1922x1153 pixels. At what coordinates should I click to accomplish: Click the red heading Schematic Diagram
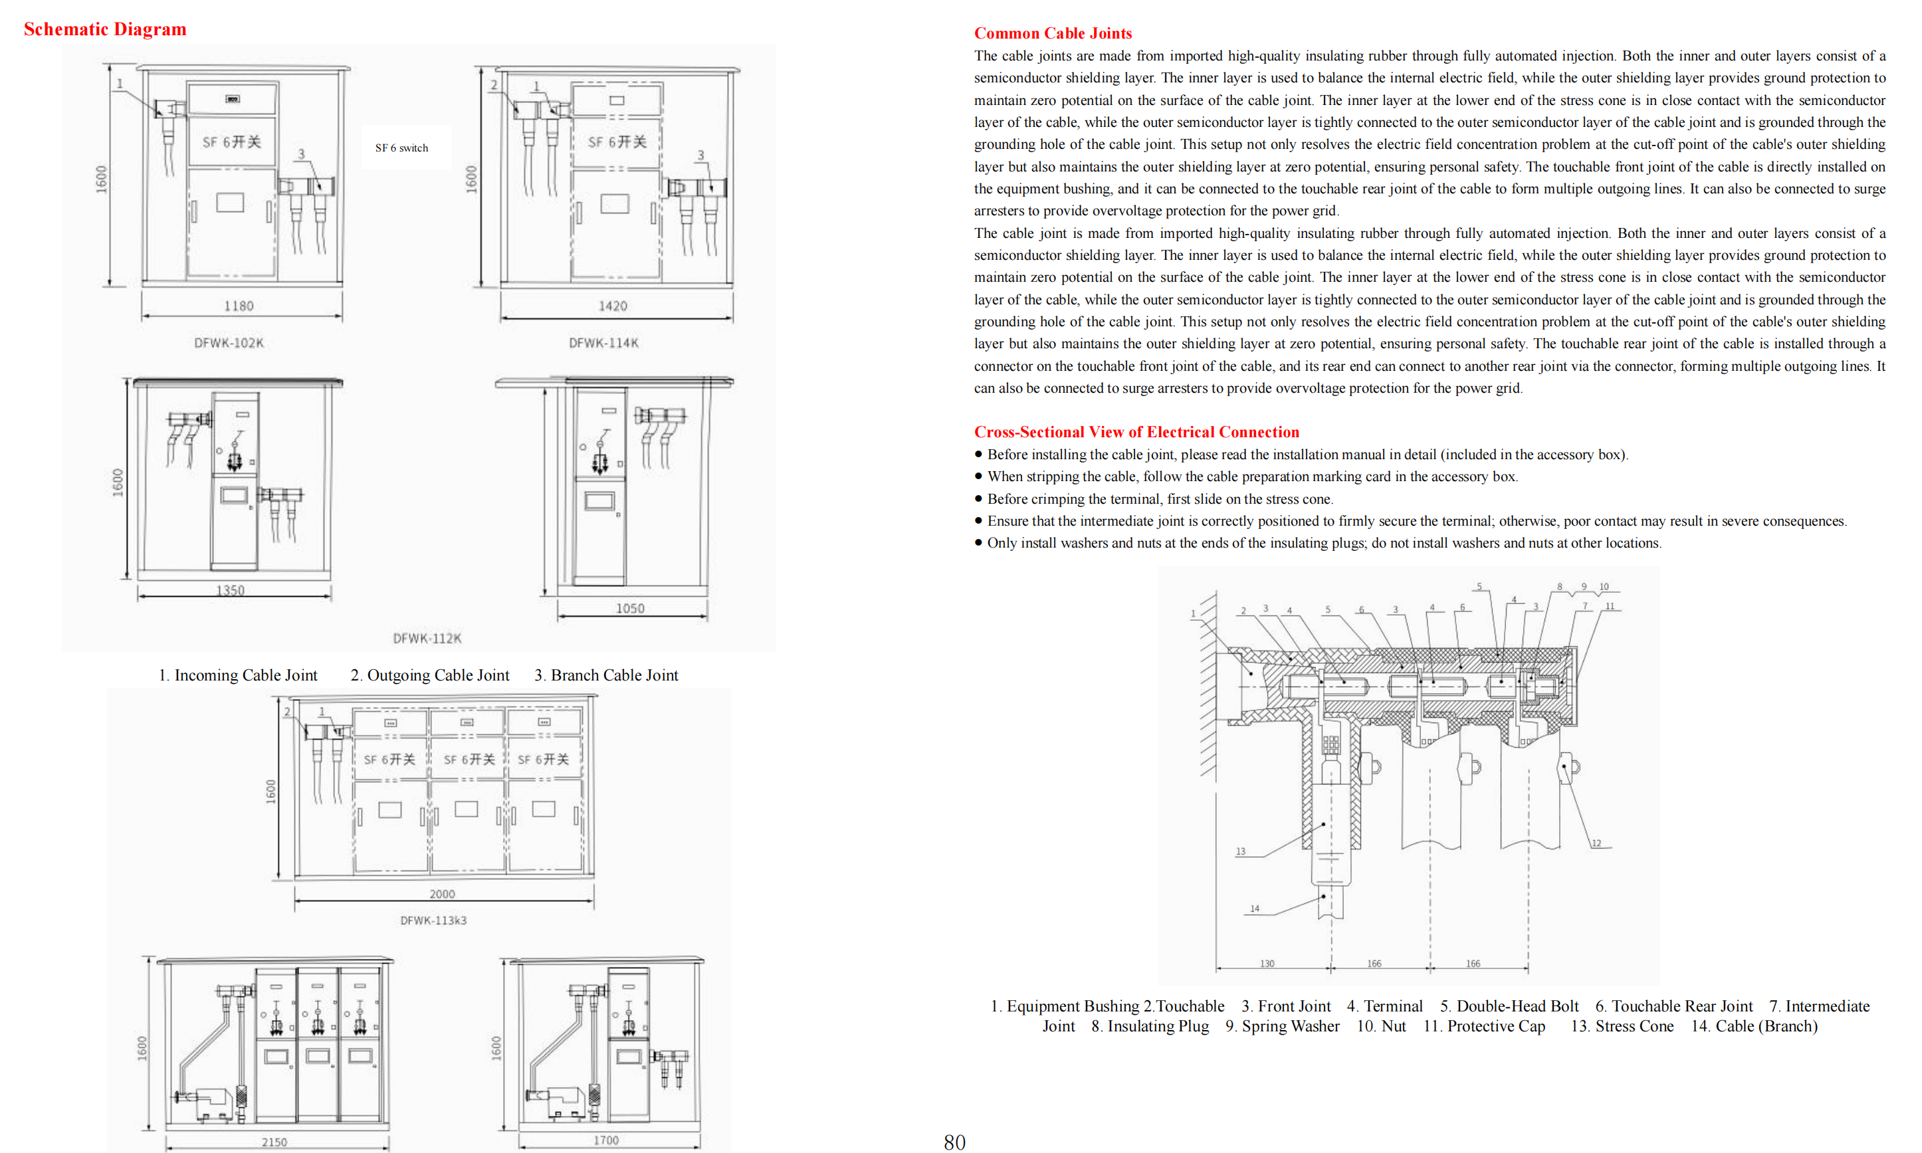105,29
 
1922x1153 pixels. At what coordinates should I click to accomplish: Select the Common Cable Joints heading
1052,33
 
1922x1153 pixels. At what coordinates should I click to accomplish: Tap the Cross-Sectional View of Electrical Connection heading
1136,432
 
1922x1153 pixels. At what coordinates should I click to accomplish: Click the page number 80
954,1141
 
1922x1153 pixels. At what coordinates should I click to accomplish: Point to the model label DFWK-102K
229,343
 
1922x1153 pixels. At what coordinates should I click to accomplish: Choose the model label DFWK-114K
603,343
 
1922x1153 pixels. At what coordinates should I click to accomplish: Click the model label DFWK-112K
427,638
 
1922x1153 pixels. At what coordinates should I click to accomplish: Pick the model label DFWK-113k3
433,920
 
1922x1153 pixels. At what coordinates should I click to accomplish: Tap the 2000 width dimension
442,894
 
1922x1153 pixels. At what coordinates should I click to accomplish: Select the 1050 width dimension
630,608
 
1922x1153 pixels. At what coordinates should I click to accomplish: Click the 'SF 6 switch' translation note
401,148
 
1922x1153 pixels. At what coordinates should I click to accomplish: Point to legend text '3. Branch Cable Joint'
606,675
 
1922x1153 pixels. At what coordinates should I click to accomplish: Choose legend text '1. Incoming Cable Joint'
238,675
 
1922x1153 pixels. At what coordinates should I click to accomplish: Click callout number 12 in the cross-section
1596,843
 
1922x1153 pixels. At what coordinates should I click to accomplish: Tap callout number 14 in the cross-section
1254,908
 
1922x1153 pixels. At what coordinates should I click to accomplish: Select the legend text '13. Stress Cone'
1622,1026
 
